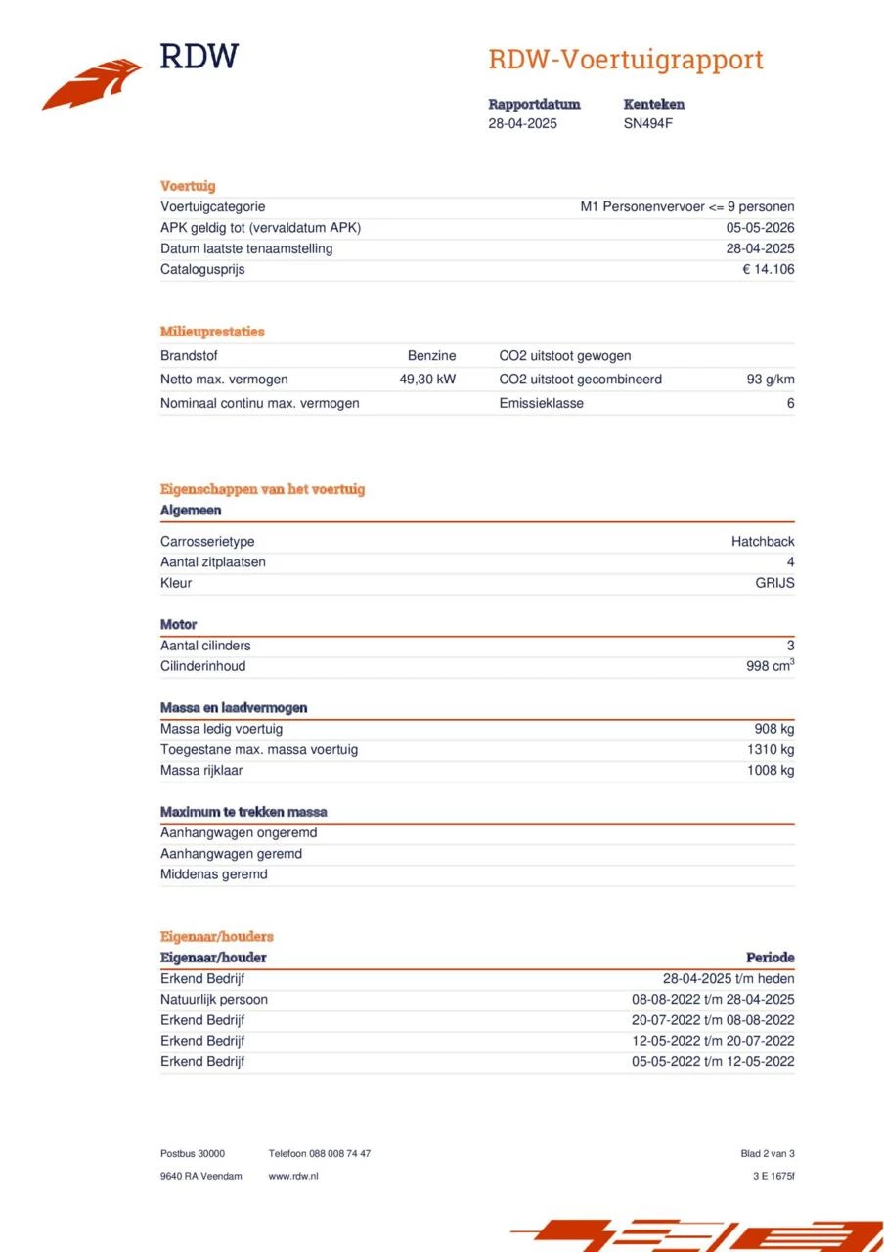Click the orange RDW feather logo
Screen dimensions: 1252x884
point(92,84)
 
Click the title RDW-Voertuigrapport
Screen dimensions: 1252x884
point(625,60)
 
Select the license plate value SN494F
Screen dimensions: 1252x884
point(648,124)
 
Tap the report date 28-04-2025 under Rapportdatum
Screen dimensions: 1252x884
point(522,124)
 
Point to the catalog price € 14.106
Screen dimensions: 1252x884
point(768,270)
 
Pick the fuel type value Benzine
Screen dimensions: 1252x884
point(431,356)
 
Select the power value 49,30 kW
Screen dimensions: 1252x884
point(427,380)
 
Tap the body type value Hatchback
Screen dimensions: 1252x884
point(763,542)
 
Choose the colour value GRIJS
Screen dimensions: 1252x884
point(774,584)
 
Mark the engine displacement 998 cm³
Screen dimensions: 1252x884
point(770,667)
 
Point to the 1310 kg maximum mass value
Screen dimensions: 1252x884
point(770,750)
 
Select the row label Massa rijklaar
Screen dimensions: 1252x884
point(201,771)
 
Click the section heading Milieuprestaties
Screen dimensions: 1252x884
point(212,332)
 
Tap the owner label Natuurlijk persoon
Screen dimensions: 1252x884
point(214,1000)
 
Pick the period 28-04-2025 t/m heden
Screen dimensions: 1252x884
point(729,979)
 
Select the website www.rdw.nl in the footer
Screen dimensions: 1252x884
point(292,1176)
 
